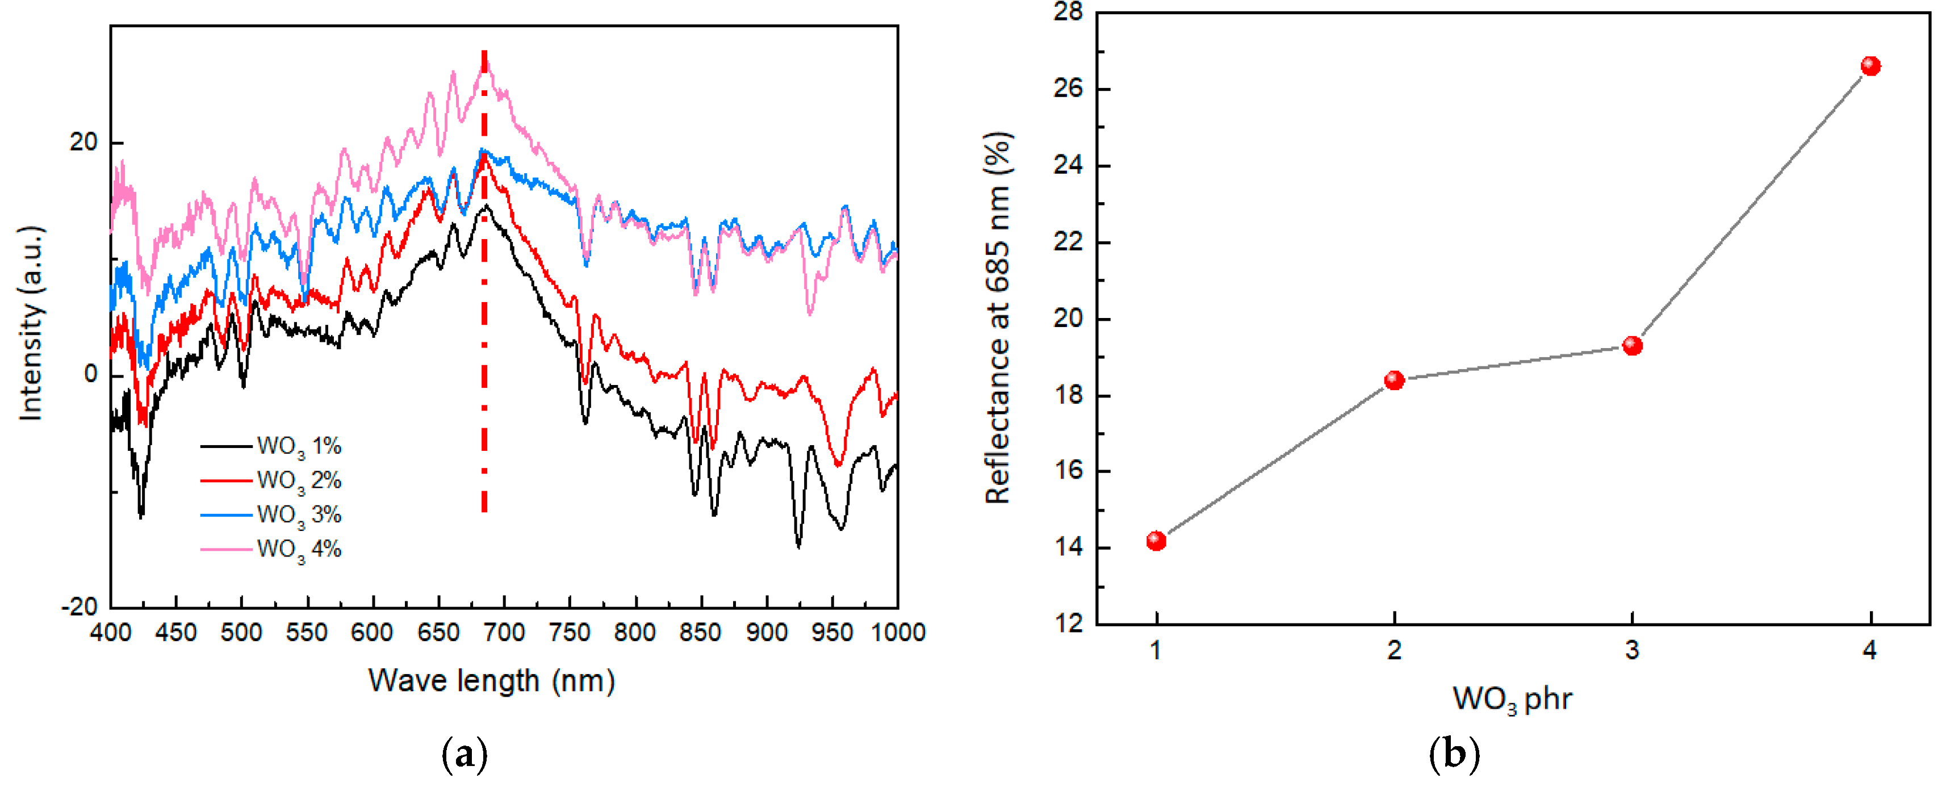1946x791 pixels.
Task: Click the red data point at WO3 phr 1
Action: click(1156, 541)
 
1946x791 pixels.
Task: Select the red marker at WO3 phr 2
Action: click(1395, 380)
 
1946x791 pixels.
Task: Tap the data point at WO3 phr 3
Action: click(1633, 346)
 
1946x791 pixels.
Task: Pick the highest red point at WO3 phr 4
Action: click(1870, 66)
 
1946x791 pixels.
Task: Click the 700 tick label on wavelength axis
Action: click(504, 633)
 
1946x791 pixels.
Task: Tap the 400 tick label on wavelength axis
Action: click(110, 633)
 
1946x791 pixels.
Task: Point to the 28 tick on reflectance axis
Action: click(1068, 12)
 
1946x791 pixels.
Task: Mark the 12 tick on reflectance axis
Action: click(1068, 624)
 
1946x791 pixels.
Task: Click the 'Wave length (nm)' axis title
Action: click(492, 681)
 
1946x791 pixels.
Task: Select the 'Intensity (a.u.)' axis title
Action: click(32, 323)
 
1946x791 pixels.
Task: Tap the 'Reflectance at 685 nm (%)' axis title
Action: click(998, 318)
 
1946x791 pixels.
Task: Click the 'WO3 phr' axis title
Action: click(1512, 700)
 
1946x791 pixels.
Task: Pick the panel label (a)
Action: click(464, 755)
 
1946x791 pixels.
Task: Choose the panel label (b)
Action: click(1454, 755)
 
